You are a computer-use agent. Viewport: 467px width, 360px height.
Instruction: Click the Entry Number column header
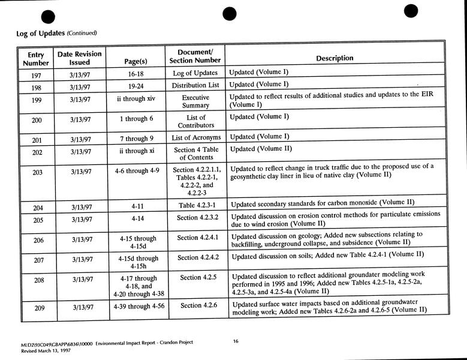(36, 58)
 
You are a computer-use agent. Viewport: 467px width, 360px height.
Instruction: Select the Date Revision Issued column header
(79, 58)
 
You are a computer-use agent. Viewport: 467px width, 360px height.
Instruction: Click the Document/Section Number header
(195, 56)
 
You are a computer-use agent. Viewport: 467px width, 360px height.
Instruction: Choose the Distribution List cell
(196, 85)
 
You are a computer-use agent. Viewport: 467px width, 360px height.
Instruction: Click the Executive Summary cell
(195, 101)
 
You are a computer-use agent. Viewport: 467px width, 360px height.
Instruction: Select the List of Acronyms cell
(196, 137)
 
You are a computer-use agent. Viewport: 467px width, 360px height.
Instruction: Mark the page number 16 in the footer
(236, 341)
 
